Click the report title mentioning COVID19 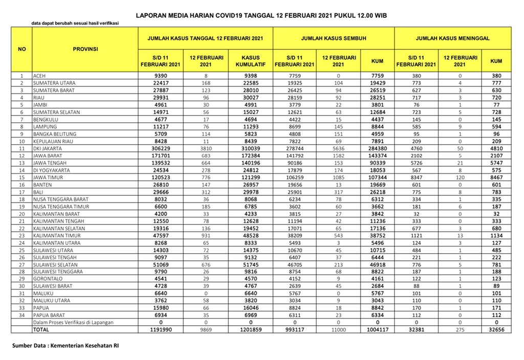[x=261, y=16]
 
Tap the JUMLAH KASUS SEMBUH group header [x=333, y=38]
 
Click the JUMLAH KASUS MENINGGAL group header [x=452, y=38]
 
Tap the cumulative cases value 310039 [x=251, y=148]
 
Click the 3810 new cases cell [x=206, y=148]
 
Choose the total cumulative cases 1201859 [x=251, y=330]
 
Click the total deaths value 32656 [x=495, y=330]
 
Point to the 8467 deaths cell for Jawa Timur [x=495, y=177]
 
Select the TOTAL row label [x=41, y=330]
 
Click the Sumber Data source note [x=66, y=346]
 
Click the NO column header [x=21, y=49]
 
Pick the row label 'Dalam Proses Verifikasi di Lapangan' [x=73, y=323]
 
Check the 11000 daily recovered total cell [x=338, y=330]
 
